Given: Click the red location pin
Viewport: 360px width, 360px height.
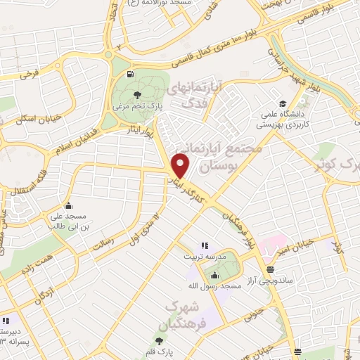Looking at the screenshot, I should tap(181, 165).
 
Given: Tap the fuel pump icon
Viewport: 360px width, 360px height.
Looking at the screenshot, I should tap(130, 75).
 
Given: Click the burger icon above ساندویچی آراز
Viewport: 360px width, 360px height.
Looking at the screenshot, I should tap(271, 269).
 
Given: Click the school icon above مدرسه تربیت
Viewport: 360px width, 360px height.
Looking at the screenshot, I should tap(205, 245).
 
